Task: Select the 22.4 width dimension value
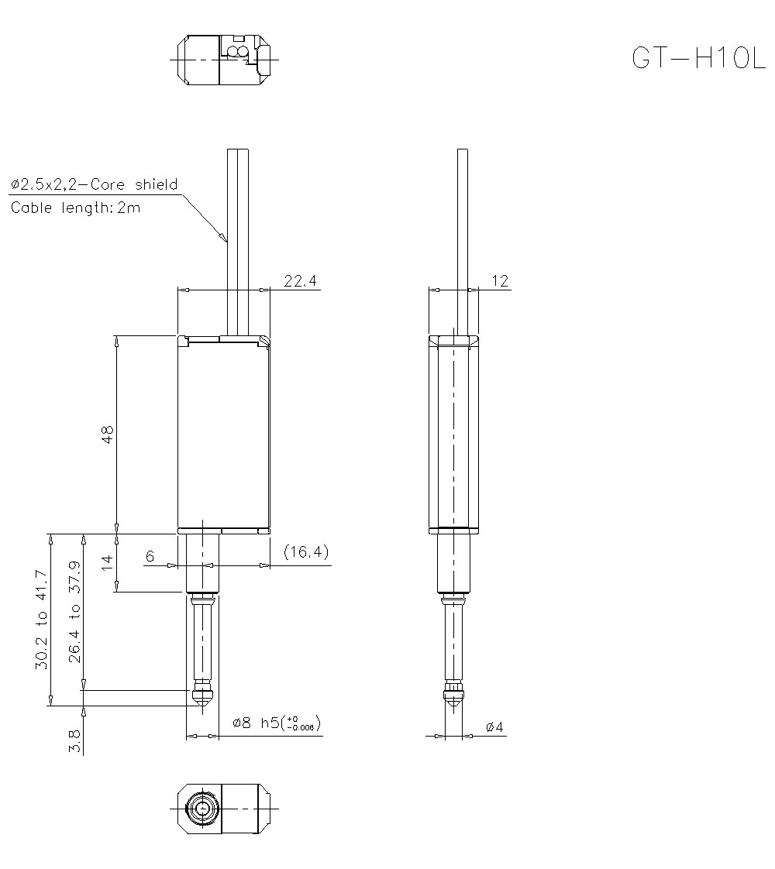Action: pyautogui.click(x=301, y=281)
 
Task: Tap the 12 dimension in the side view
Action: pyautogui.click(x=501, y=281)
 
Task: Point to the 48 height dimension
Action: pyautogui.click(x=108, y=434)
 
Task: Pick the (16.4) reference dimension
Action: pyautogui.click(x=306, y=552)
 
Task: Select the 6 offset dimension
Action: pyautogui.click(x=150, y=556)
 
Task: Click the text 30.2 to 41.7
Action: pyautogui.click(x=42, y=620)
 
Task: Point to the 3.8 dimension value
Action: pyautogui.click(x=75, y=740)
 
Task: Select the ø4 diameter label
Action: pyautogui.click(x=494, y=727)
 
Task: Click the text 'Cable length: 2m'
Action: pyautogui.click(x=76, y=208)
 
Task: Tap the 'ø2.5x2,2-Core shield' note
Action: pyautogui.click(x=94, y=184)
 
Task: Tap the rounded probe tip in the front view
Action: pyautogui.click(x=203, y=697)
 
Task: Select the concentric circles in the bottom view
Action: pyautogui.click(x=203, y=808)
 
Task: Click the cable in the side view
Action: pyautogui.click(x=462, y=232)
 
